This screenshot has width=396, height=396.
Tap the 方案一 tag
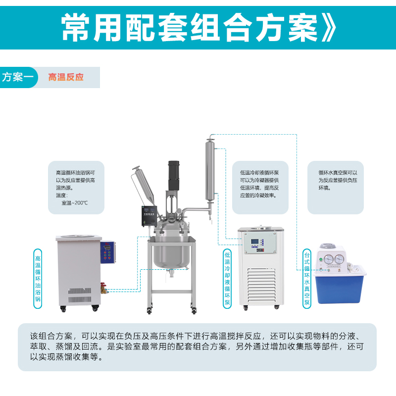18,77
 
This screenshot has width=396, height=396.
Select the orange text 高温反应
66,77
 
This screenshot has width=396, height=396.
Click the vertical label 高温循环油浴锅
38,279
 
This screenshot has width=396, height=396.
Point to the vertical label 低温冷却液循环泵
227,279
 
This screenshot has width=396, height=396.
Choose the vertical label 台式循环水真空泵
306,279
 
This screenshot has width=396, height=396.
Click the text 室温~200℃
75,203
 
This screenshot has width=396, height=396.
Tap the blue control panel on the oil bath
108,252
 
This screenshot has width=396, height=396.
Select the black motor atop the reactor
174,176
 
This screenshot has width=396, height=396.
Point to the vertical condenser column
210,171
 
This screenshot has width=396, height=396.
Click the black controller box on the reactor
149,216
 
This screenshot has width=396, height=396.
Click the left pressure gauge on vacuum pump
328,259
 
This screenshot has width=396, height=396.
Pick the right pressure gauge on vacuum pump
339,259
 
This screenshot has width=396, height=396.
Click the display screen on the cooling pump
254,242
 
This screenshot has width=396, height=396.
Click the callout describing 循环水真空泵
336,188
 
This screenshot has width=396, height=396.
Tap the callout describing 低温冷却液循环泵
260,188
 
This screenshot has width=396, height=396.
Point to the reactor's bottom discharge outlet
171,273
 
